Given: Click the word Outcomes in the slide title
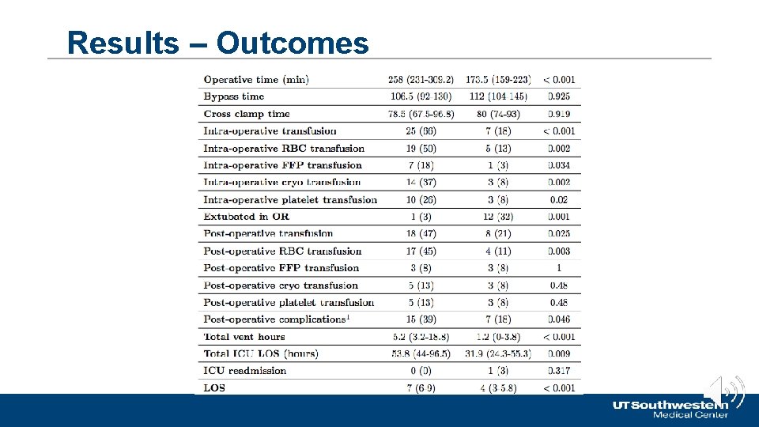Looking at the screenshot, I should click(x=293, y=43).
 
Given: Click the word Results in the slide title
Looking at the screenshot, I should click(x=123, y=43).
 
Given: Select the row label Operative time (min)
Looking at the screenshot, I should click(x=256, y=79).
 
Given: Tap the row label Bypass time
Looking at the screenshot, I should click(x=234, y=96).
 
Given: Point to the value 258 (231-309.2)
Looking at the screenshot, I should click(x=421, y=79).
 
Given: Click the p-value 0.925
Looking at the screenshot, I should click(x=558, y=96).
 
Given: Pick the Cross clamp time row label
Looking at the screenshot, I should click(x=247, y=114).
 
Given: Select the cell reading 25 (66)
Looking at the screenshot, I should click(x=421, y=131).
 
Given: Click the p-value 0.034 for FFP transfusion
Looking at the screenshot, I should click(x=558, y=165).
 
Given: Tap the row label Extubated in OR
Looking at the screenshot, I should click(x=247, y=217).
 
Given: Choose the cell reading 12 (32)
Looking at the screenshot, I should click(x=498, y=217).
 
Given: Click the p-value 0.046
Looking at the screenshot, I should click(x=558, y=319).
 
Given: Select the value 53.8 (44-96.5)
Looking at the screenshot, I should click(x=421, y=353).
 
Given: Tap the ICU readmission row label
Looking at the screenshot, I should click(x=245, y=371).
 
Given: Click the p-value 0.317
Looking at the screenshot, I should click(x=558, y=371).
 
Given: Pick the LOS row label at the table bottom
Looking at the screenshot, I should click(x=214, y=388).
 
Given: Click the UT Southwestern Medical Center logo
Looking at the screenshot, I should click(x=670, y=409).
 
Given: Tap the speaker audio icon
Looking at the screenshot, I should click(x=725, y=391).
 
